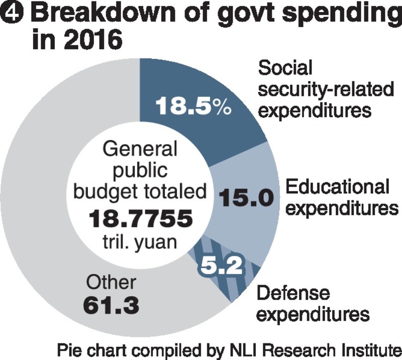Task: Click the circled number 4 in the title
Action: tap(12, 14)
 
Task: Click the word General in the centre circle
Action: tap(140, 149)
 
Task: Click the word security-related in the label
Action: tap(326, 89)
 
